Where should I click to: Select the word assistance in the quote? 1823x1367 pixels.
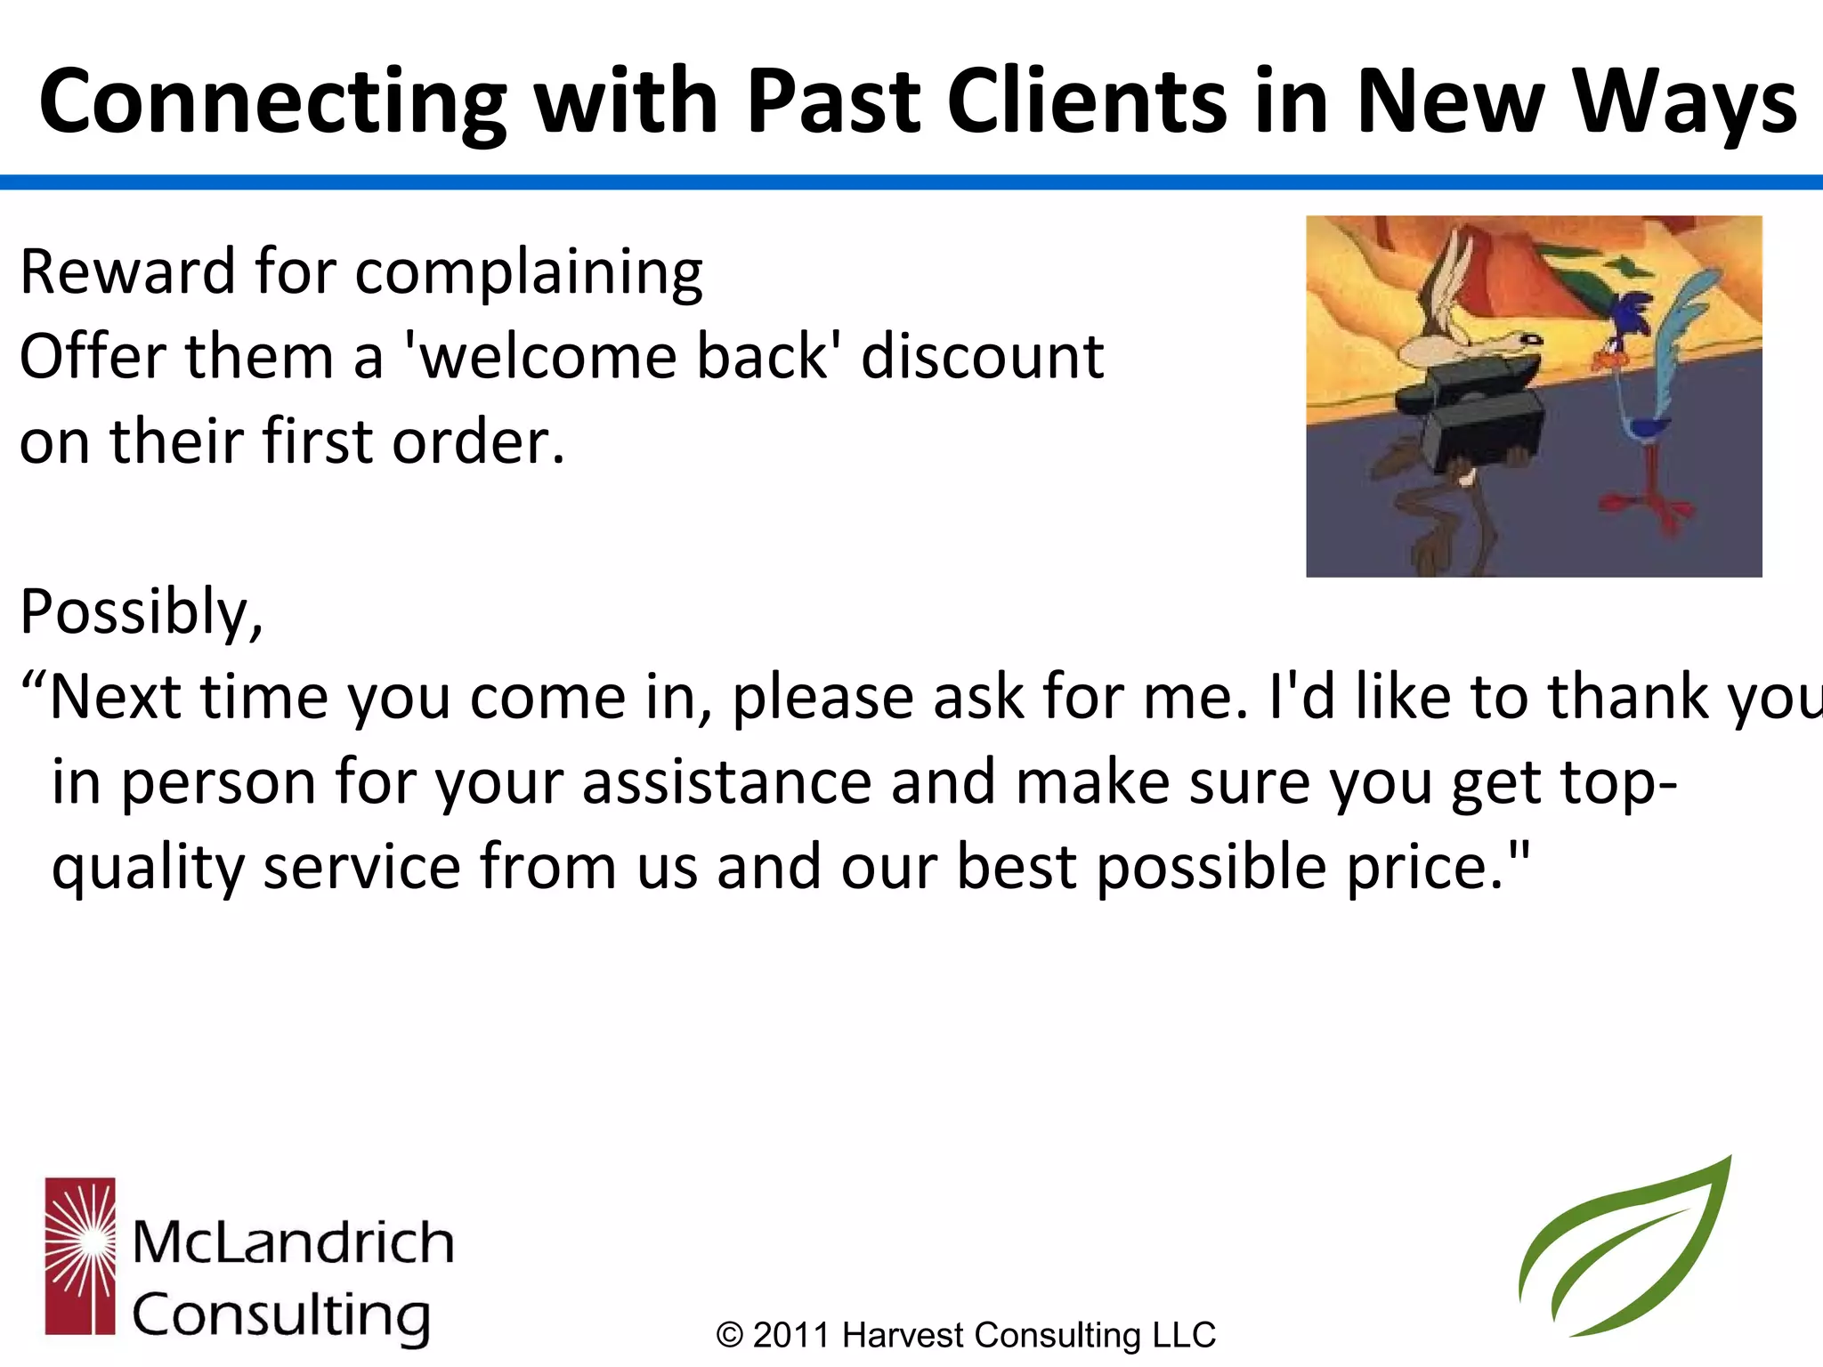pos(725,783)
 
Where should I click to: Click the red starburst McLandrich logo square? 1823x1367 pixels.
pos(80,1256)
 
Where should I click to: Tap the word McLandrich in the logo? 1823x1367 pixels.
pos(293,1242)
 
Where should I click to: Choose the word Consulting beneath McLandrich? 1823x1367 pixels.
pos(281,1316)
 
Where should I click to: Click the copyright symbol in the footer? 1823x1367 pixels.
pos(730,1336)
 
